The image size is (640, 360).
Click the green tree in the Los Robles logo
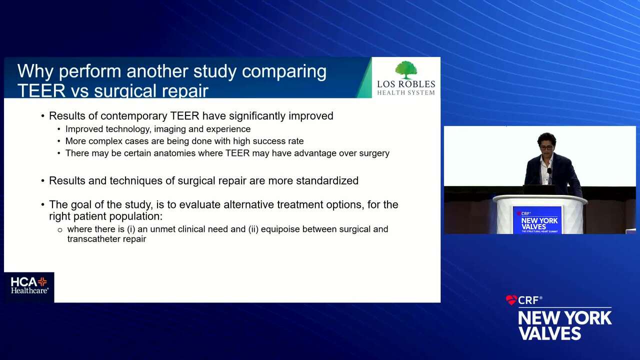point(406,69)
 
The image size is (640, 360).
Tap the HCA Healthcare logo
point(29,285)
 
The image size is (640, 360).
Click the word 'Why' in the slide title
point(35,71)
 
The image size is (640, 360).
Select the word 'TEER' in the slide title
point(41,91)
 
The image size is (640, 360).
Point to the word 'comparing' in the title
point(284,72)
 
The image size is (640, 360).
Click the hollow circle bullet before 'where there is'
point(59,230)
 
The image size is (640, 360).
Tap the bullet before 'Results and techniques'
point(42,181)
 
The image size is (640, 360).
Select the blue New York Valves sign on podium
point(537,220)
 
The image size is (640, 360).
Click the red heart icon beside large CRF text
point(511,300)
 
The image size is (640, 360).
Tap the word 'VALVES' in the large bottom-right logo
point(549,333)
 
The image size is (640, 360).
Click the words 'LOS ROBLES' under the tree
point(406,84)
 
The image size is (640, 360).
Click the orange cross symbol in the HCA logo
point(42,281)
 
